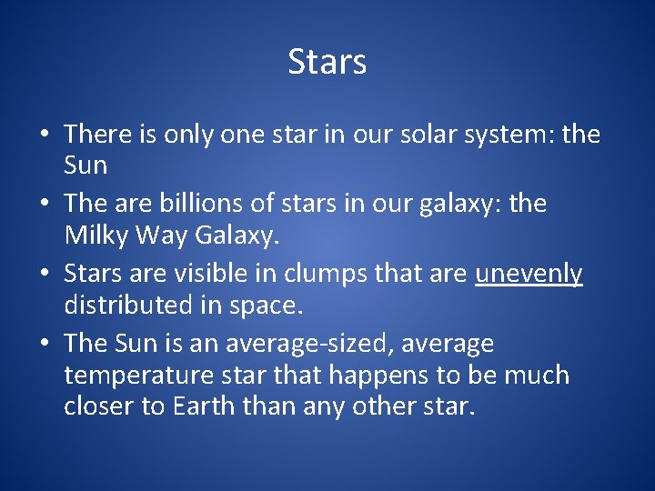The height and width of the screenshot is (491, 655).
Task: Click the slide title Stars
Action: pos(327,62)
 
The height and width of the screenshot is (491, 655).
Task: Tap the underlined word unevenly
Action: pos(529,275)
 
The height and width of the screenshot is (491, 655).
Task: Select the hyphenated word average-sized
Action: pos(309,344)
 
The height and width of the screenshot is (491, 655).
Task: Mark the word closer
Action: pos(99,406)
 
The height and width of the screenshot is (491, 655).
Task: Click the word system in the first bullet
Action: pos(509,135)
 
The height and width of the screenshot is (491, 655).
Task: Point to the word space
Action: pos(265,306)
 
